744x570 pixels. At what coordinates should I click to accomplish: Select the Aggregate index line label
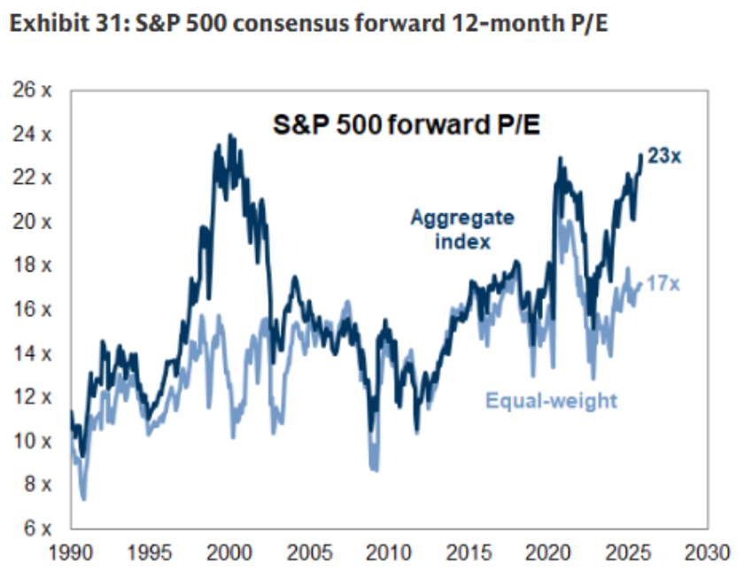(461, 228)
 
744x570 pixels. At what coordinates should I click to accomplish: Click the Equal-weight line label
(551, 401)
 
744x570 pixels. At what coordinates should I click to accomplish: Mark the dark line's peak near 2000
(231, 135)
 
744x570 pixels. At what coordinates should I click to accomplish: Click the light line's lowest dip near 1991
(84, 498)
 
